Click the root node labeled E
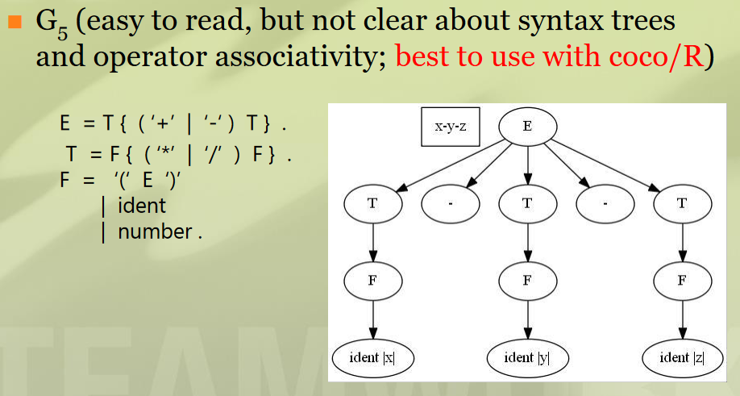(527, 127)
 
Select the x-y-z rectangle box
(451, 127)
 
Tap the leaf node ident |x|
(373, 357)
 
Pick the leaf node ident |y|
(527, 357)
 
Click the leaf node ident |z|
(682, 357)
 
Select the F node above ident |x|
(373, 281)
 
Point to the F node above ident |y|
(527, 281)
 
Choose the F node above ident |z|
(682, 281)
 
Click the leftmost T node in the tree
(373, 204)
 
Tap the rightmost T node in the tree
(682, 204)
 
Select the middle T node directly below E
(527, 204)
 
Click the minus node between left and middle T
(451, 204)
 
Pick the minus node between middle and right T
(605, 204)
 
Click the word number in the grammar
(154, 232)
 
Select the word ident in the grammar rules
(142, 206)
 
